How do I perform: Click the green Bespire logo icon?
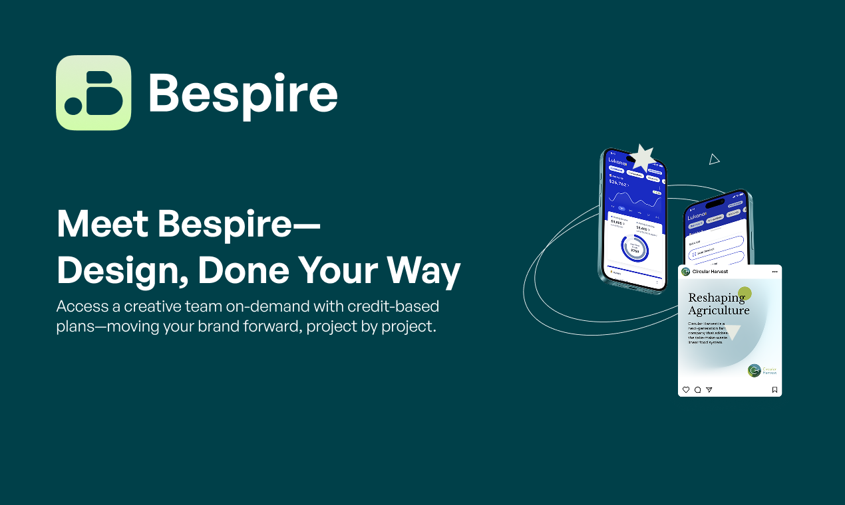click(93, 93)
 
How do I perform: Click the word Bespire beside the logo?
click(243, 94)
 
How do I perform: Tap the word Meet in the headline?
click(101, 224)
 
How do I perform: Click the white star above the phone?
click(643, 158)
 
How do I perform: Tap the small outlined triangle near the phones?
click(714, 159)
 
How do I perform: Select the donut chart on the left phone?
click(634, 248)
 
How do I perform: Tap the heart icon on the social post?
click(686, 390)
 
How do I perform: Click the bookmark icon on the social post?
click(774, 390)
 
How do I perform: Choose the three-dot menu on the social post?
click(774, 272)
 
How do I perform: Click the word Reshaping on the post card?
click(716, 298)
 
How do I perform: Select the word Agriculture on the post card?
click(719, 310)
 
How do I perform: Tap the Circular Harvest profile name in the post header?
click(709, 272)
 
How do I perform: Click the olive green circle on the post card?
click(745, 293)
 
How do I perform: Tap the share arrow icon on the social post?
click(709, 390)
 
